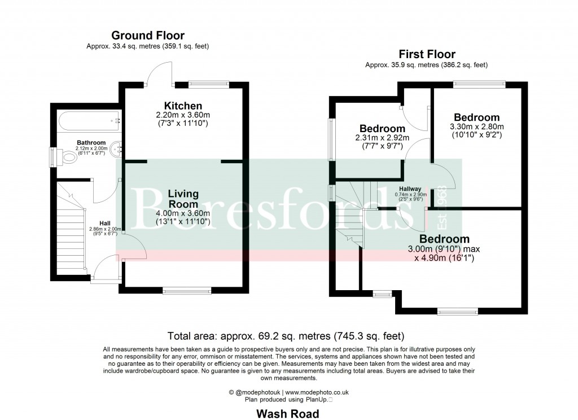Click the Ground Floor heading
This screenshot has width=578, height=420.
[147, 36]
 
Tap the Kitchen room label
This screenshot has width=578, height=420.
[183, 106]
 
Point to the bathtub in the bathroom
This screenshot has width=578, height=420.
[88, 120]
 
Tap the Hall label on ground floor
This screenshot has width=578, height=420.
[105, 222]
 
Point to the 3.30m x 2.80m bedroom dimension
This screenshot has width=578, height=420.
[476, 127]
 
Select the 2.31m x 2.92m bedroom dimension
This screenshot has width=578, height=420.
[382, 138]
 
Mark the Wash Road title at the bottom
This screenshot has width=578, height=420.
[287, 414]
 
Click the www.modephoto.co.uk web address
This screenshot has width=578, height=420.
[317, 392]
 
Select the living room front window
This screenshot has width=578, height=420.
[187, 291]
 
